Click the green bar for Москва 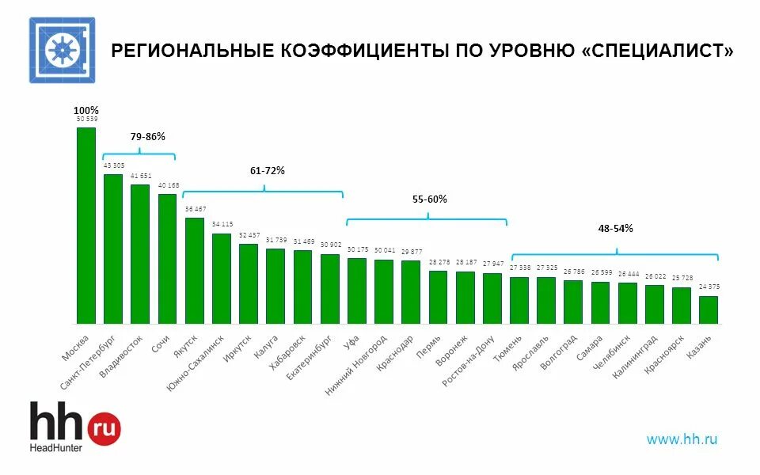85,226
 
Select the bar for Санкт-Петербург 113,249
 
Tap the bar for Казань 709,310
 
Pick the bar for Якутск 195,270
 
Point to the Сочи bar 167,258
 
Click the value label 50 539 86,119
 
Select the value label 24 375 709,287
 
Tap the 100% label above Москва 86,110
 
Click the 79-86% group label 148,136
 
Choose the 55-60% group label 430,199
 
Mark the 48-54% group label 615,228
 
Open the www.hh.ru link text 682,439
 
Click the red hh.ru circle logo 103,428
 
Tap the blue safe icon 63,50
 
